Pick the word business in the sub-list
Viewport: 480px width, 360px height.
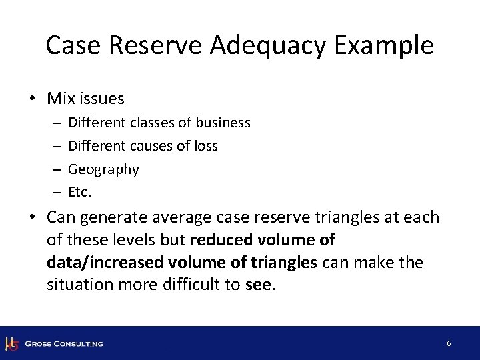(221, 123)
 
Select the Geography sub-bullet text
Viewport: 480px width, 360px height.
(104, 169)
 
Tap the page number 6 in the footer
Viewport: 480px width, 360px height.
(449, 343)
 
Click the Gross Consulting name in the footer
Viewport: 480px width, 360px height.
(64, 343)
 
